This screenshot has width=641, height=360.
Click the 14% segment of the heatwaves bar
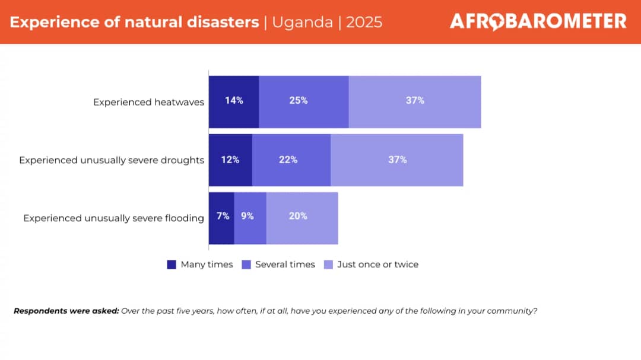coord(234,101)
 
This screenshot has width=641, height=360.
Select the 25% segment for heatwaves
coord(304,101)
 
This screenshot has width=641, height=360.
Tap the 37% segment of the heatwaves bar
coord(415,101)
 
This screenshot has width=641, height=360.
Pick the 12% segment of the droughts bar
coord(230,160)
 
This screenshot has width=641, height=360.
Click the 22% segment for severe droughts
coord(291,160)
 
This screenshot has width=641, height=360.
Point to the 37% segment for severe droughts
coord(397,160)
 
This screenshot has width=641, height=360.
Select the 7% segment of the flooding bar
coord(221,218)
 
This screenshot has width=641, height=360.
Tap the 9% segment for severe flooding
coord(250,218)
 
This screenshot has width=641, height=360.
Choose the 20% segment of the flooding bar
coord(302,218)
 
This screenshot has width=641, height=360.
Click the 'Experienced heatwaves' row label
coord(148,102)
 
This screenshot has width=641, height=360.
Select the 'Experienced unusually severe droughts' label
coord(112,160)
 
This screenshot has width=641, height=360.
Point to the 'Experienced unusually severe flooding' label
coord(113,218)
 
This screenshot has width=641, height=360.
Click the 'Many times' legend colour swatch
coord(172,265)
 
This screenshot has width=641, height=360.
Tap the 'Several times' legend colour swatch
coord(246,265)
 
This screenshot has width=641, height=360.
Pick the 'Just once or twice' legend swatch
coord(328,265)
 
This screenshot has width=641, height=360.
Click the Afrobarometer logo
coord(538,22)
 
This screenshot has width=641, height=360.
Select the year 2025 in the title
coord(364,23)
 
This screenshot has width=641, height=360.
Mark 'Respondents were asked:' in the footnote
coord(66,311)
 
